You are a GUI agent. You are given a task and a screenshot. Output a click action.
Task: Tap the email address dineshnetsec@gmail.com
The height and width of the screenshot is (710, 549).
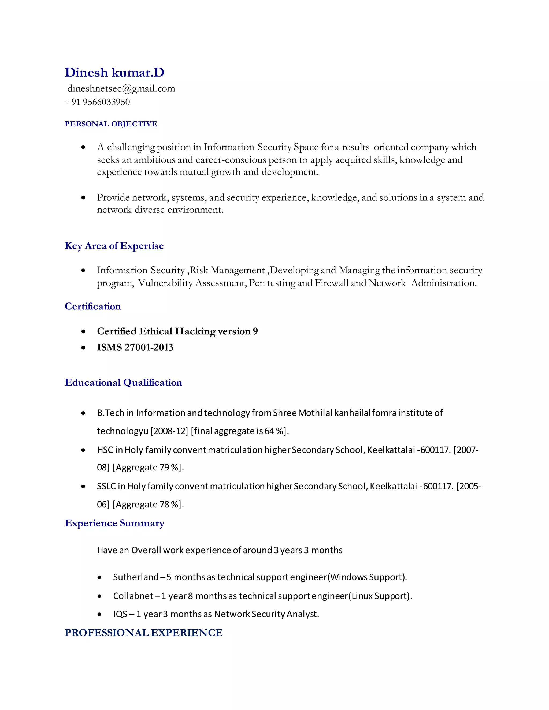point(121,88)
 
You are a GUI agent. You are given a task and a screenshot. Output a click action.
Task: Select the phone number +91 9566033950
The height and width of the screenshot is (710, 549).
point(97,102)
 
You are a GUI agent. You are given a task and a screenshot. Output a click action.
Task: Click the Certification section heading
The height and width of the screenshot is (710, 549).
point(93,306)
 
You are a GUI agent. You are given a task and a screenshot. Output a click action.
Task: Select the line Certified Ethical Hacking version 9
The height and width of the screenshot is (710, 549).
point(177,331)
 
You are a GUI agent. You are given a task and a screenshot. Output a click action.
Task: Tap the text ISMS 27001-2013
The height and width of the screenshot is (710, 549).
point(135,347)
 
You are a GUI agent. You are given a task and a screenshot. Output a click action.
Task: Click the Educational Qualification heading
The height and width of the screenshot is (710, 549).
point(123,382)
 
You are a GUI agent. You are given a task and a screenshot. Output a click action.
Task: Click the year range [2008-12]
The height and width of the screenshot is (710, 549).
point(169,431)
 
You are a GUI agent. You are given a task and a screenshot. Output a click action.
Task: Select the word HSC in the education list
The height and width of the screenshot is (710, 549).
point(105,450)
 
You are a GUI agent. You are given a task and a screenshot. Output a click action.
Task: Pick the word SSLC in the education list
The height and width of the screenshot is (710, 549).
point(106,486)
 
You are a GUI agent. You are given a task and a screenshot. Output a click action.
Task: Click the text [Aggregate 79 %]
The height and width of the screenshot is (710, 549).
point(148,468)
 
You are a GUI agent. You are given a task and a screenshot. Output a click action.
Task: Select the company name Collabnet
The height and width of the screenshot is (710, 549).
point(133,596)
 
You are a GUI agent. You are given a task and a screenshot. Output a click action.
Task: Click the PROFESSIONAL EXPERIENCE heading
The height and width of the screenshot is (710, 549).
point(143,633)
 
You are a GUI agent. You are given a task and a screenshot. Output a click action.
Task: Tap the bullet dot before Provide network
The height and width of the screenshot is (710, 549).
point(84,198)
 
